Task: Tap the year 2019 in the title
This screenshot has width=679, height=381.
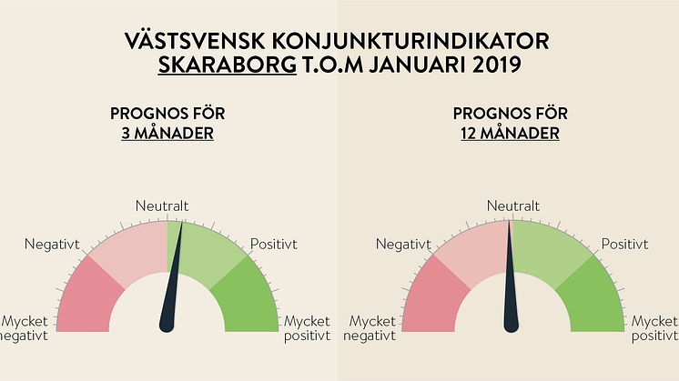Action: [497, 65]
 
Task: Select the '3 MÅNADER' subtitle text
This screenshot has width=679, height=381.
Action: [167, 133]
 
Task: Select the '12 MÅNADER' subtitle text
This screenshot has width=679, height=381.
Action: [510, 133]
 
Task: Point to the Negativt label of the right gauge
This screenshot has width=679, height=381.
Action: [402, 245]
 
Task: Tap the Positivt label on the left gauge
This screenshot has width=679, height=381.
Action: [272, 245]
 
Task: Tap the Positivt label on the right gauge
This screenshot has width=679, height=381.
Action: [624, 245]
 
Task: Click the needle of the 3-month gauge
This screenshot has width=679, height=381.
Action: [172, 291]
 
